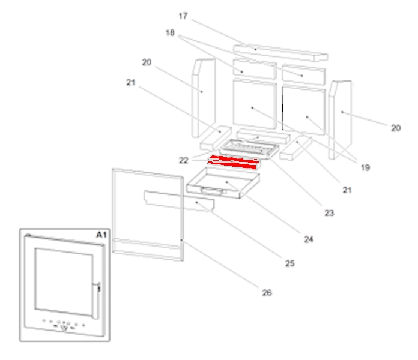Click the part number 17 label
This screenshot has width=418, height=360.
pyautogui.click(x=184, y=15)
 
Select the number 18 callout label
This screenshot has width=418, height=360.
pyautogui.click(x=171, y=33)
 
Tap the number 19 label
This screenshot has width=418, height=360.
pyautogui.click(x=365, y=168)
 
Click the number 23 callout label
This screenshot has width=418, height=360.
pyautogui.click(x=329, y=212)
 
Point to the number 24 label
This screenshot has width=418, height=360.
pyautogui.click(x=309, y=239)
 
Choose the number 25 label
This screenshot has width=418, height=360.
pyautogui.click(x=289, y=263)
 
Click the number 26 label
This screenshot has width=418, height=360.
pyautogui.click(x=267, y=293)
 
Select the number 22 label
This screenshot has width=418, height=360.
pyautogui.click(x=184, y=160)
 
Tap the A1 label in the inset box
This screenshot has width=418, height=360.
pyautogui.click(x=101, y=235)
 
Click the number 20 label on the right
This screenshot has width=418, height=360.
pyautogui.click(x=395, y=128)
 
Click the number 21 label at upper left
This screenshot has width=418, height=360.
pyautogui.click(x=131, y=82)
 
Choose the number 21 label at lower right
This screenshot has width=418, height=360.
pyautogui.click(x=347, y=190)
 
